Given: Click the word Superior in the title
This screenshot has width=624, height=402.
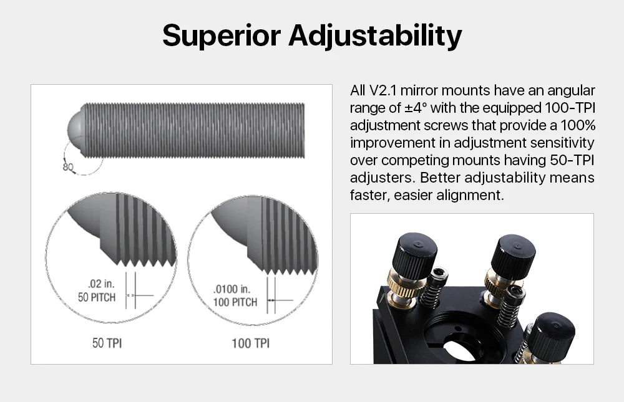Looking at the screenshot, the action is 222,36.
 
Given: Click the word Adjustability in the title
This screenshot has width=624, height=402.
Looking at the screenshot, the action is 375,36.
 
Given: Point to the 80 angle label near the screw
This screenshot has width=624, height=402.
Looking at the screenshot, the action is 67,166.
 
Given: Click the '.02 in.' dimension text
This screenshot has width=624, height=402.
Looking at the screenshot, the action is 101,284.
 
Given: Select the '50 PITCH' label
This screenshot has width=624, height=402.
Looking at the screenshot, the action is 97,297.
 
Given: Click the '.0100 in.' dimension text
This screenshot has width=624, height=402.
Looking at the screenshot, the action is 232,289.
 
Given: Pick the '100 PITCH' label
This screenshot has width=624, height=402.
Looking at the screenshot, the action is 235,302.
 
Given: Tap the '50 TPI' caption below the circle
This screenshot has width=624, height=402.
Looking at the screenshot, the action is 107,343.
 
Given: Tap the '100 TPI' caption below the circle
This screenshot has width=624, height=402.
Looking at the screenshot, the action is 251,343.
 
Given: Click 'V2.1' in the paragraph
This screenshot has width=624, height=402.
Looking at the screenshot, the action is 383,90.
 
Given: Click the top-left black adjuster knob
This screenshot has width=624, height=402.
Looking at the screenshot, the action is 415,255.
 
